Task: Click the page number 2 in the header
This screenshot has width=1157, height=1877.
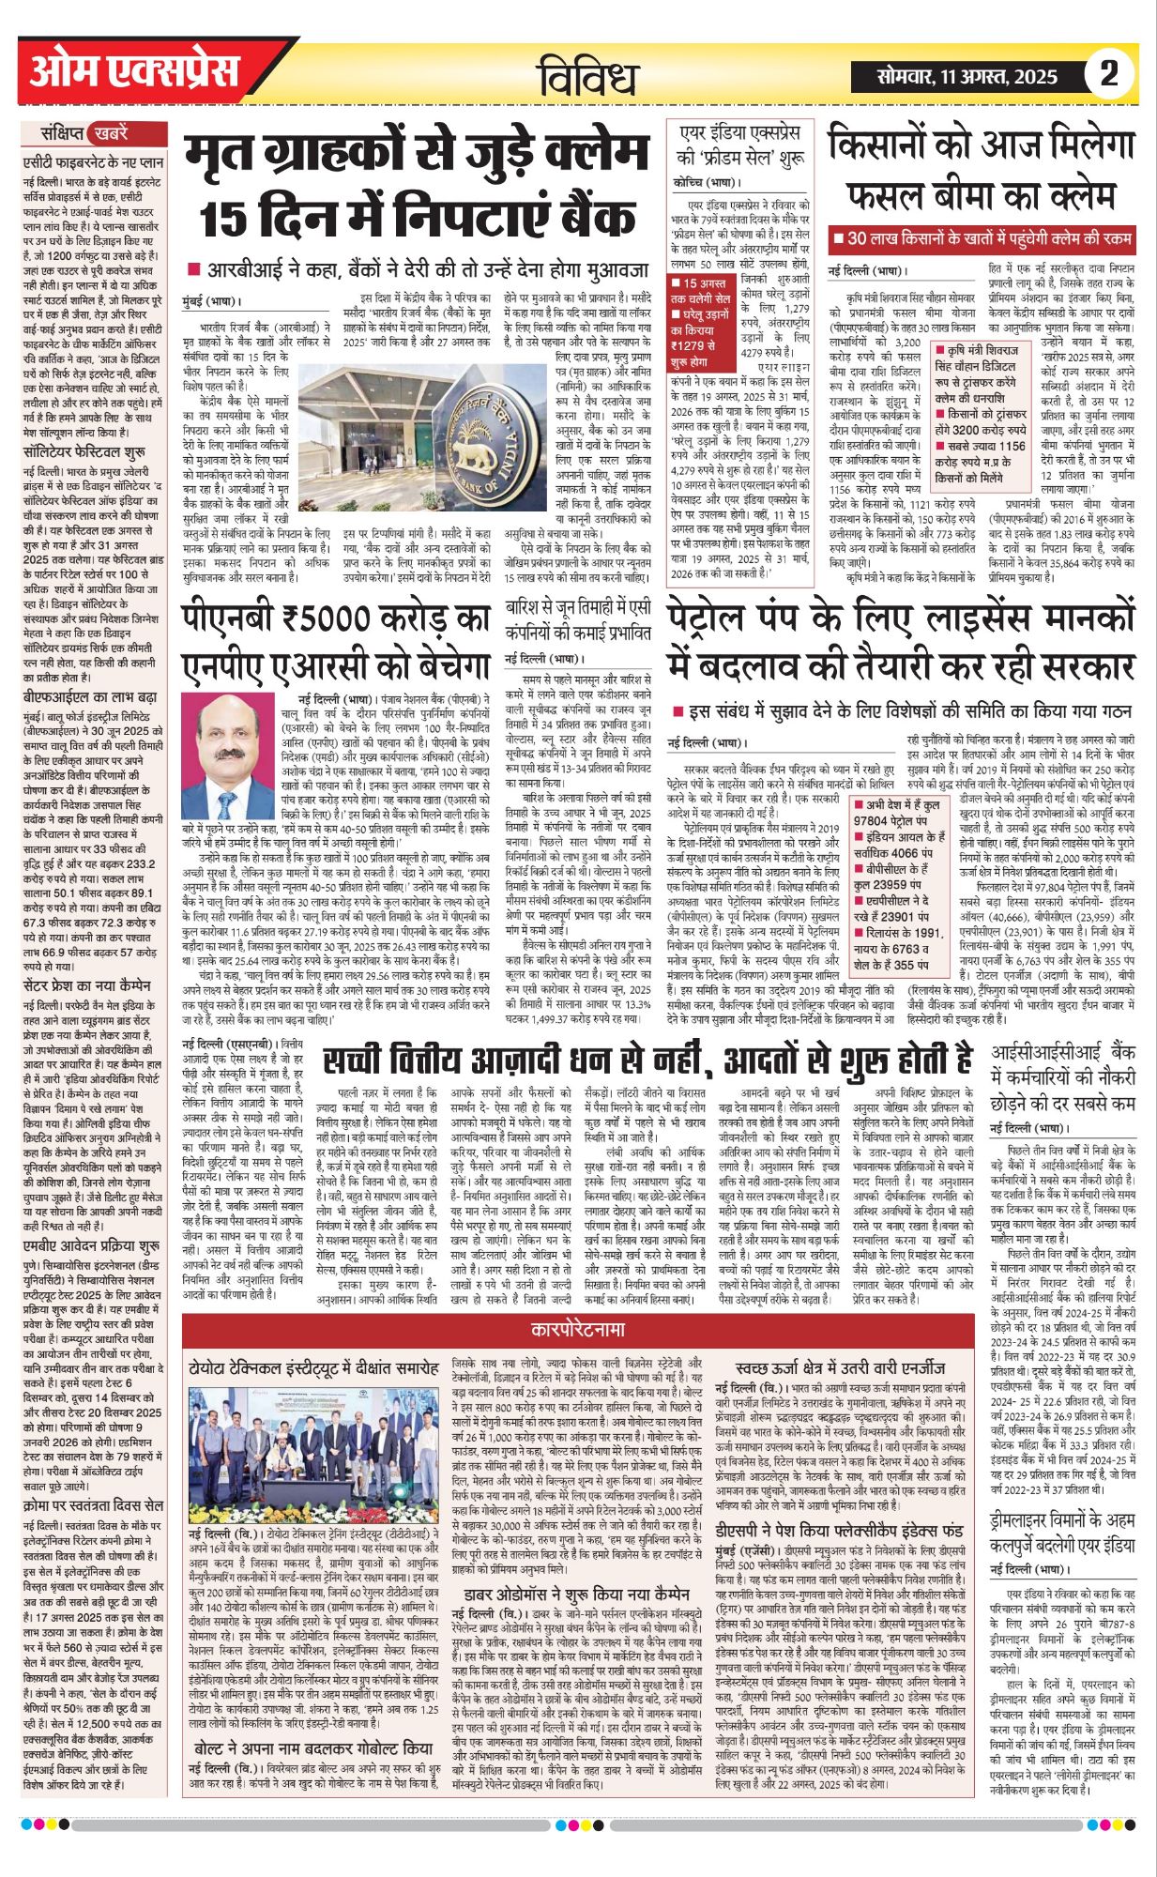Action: pyautogui.click(x=1109, y=74)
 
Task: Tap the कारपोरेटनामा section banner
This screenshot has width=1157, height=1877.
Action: pyautogui.click(x=577, y=1330)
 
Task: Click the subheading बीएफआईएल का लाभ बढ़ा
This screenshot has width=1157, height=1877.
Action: pyautogui.click(x=90, y=697)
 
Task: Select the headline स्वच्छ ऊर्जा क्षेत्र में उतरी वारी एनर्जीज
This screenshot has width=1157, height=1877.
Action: pyautogui.click(x=841, y=1367)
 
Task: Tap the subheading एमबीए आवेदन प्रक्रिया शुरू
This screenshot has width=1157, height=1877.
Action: pyautogui.click(x=91, y=1245)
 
